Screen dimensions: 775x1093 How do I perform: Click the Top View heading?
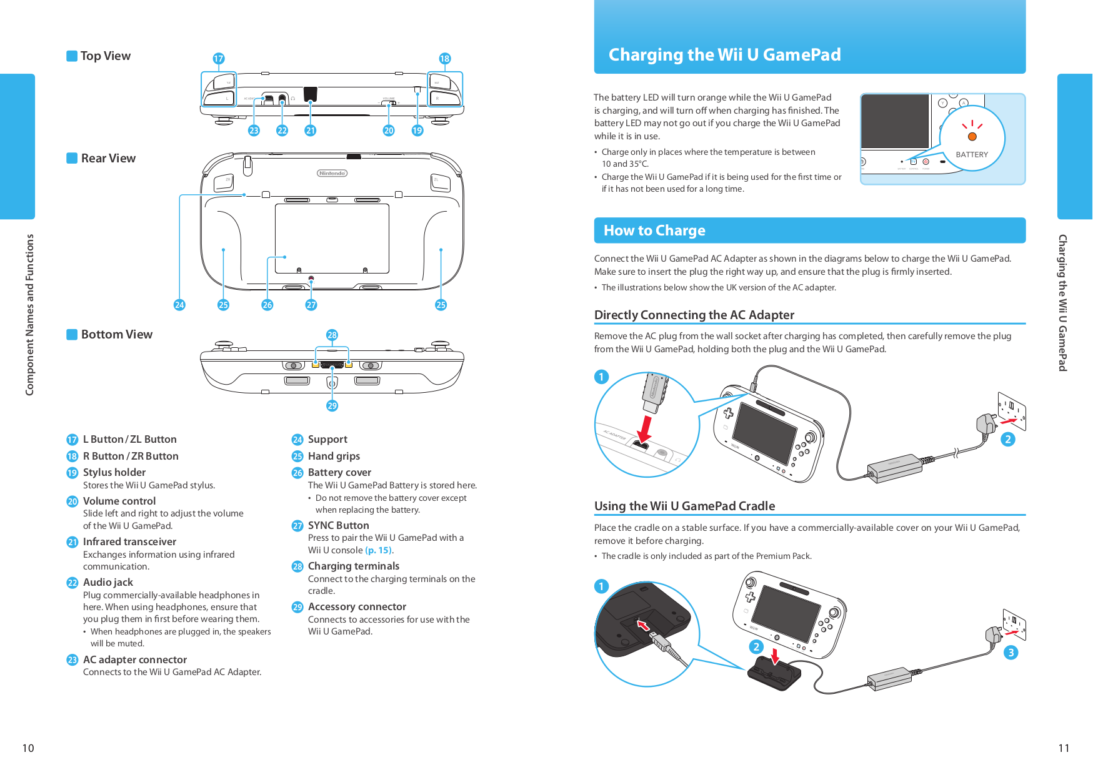105,56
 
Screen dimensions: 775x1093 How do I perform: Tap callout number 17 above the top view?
218,59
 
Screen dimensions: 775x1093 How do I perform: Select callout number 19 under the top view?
417,131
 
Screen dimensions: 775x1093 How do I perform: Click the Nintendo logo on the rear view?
332,173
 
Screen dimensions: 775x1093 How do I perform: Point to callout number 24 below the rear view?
179,305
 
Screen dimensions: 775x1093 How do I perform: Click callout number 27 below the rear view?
311,305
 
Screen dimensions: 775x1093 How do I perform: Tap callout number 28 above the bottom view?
332,335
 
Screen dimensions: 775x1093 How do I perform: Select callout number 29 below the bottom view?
332,406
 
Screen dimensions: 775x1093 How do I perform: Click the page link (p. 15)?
379,550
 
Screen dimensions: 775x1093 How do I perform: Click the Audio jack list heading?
108,582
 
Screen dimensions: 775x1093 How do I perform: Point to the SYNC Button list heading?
338,525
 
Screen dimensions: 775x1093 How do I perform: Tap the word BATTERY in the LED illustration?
972,155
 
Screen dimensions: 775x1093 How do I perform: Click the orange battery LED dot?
972,137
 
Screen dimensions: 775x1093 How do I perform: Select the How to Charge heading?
654,230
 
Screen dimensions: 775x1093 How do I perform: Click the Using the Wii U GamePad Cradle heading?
684,506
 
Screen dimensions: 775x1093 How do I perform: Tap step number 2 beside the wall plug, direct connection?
1007,440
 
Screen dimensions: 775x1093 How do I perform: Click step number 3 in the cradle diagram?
1011,653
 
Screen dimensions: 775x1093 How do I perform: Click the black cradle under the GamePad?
774,674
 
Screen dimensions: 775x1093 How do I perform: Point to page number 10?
28,748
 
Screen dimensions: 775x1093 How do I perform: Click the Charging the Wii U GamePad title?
724,55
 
